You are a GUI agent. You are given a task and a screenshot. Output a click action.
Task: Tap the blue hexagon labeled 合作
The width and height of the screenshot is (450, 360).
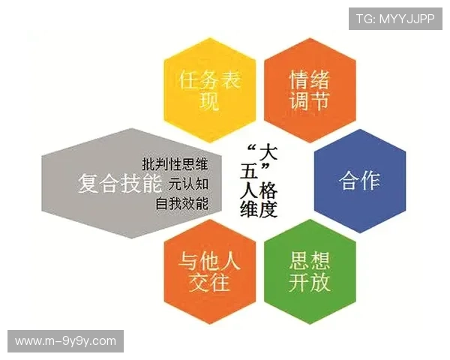click(359, 181)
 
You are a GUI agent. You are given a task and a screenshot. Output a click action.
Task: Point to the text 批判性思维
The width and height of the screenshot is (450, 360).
click(175, 163)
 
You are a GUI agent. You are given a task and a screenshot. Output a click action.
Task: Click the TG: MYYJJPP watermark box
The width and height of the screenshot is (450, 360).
click(395, 17)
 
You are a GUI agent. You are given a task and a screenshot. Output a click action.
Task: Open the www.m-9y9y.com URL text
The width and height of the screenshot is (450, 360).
click(65, 341)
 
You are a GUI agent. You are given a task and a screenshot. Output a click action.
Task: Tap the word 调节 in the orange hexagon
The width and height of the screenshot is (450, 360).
click(309, 101)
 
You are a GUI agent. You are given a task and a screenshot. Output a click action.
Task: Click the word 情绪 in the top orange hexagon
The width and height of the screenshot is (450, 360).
click(309, 79)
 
